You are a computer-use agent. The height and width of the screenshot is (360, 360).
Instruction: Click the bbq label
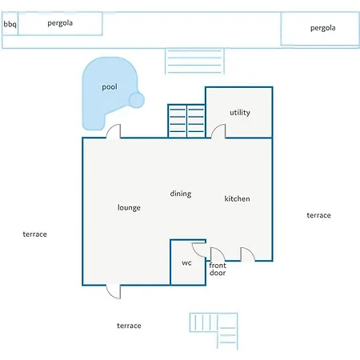tap(10, 24)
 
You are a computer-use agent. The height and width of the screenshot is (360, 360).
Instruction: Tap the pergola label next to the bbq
tap(60, 23)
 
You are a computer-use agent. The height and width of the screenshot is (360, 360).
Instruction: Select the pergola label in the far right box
tap(322, 28)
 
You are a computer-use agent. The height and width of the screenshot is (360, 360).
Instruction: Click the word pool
tap(110, 87)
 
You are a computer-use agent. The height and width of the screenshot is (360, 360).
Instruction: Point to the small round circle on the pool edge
tap(137, 100)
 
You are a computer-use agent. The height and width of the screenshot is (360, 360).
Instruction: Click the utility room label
tap(240, 113)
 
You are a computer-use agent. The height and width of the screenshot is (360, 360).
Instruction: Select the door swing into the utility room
tap(218, 131)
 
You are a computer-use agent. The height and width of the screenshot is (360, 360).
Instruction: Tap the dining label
tap(181, 194)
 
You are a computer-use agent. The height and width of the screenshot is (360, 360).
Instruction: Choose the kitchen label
tap(237, 198)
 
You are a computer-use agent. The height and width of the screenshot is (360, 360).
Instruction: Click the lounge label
tap(129, 207)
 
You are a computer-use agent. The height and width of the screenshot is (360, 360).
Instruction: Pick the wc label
tap(186, 263)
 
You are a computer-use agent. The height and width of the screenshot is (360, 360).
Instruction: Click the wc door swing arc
tap(199, 250)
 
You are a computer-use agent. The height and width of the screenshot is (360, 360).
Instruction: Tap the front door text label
tap(218, 269)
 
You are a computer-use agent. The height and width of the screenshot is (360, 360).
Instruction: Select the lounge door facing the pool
tap(114, 131)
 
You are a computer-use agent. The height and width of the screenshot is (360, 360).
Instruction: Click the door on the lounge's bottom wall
tap(114, 292)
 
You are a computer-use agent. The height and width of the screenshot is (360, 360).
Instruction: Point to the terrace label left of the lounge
tap(34, 234)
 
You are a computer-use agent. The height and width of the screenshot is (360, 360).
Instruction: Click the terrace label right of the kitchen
tap(318, 215)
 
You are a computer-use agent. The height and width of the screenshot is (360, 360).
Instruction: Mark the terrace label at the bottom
tap(129, 326)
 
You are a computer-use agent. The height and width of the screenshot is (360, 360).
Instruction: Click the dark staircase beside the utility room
tap(186, 121)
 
